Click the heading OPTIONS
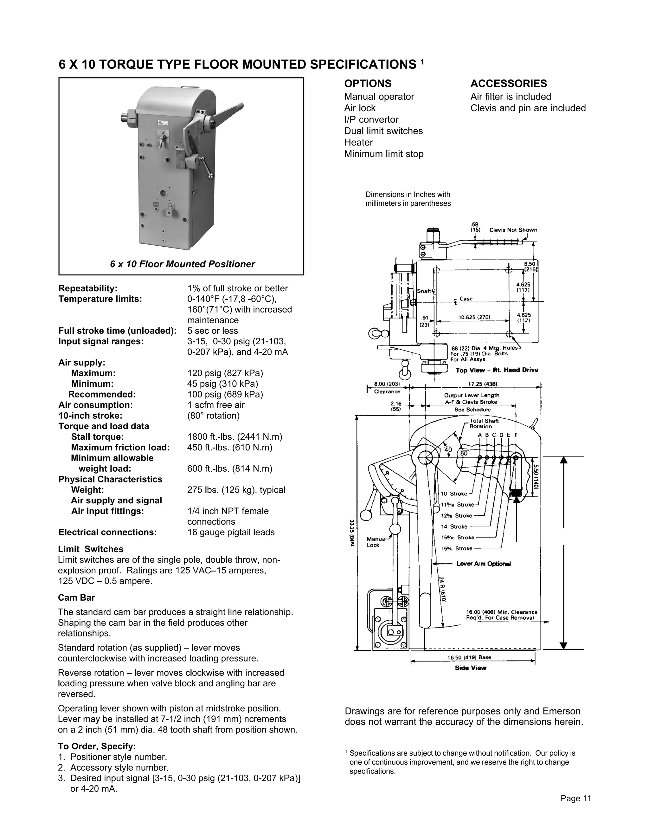[368, 83]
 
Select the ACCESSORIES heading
[508, 83]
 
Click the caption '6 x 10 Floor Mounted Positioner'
[182, 264]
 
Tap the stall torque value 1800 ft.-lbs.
[235, 437]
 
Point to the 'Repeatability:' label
[88, 288]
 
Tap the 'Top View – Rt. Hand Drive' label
[497, 370]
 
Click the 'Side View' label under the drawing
[470, 668]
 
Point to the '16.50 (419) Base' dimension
[469, 657]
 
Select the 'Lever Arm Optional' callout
[484, 564]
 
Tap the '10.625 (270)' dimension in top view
[474, 317]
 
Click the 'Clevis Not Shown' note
[513, 230]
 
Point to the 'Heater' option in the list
[358, 142]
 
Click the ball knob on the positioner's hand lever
[211, 176]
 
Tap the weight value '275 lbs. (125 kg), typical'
[236, 490]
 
